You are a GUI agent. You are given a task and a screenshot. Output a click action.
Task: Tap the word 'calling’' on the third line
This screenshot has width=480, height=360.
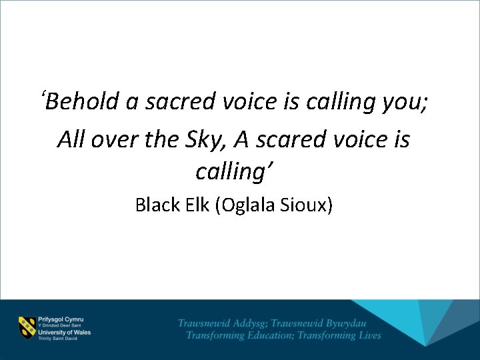235,172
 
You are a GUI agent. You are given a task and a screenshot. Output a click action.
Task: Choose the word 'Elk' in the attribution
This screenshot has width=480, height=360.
196,205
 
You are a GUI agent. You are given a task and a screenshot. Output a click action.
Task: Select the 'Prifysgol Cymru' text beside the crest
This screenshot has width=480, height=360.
61,319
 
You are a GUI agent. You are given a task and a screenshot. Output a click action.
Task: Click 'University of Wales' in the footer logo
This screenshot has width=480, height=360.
65,331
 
